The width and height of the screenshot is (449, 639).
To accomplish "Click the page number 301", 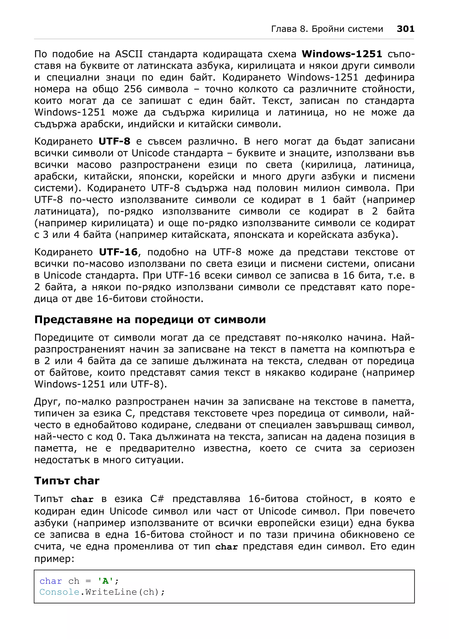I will pos(405,29).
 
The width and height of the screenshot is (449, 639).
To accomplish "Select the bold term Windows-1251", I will pos(342,54).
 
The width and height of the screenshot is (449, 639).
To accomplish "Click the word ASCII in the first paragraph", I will pos(128,54).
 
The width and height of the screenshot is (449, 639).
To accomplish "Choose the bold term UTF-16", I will pos(118,252).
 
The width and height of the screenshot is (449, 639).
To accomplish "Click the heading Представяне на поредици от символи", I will pos(150,319).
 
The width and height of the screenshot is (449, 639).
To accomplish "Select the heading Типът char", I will pos(67,481).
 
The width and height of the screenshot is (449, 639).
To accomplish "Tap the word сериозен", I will pos(392,448).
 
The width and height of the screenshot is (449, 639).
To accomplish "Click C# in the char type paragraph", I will pos(157,499).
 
